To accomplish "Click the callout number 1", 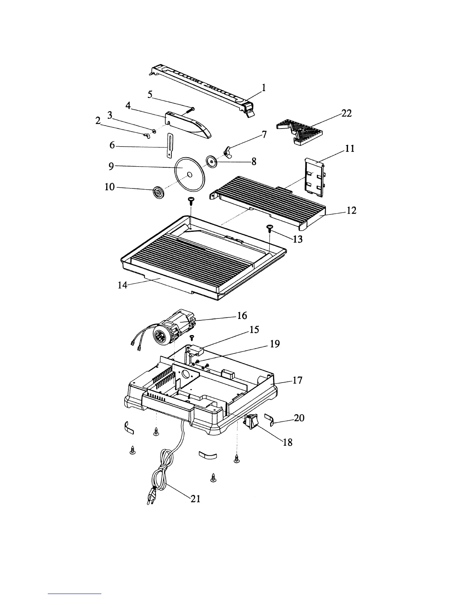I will pos(264,87).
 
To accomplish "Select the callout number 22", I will pos(346,113).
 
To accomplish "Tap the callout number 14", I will pos(122,285).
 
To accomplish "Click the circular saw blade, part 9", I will pos(189,174).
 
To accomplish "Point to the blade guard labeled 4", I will pos(188,125).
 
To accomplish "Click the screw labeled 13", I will pos(270,229).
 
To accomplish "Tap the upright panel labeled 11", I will pos(314,177).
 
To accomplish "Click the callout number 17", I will pos(297,380).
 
